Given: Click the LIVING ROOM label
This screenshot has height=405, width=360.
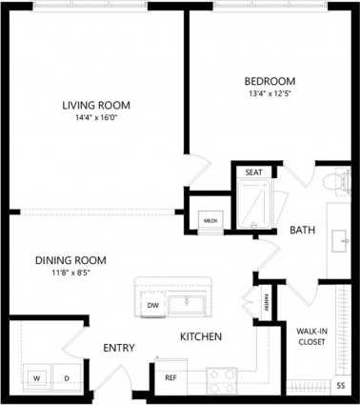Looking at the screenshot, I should (x=96, y=105).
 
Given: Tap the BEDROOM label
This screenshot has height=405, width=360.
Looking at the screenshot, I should (x=270, y=81).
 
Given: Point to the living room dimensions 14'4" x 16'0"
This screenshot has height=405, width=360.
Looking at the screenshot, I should (x=96, y=119).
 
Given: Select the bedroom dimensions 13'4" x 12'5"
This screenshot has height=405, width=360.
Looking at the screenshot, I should (x=270, y=94).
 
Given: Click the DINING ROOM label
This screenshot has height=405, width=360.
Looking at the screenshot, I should (x=70, y=260).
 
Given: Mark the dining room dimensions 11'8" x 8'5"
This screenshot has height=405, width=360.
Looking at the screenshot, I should (x=70, y=273).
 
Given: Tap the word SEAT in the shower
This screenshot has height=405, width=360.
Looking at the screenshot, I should (x=253, y=172).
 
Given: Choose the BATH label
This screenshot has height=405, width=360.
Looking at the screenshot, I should (x=303, y=230).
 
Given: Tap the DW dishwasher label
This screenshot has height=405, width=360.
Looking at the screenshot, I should (x=152, y=305).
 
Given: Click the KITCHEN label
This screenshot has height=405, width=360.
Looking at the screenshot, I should (x=202, y=337).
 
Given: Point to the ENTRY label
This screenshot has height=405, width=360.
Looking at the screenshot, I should (x=119, y=348).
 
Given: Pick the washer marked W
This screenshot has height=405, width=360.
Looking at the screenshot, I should (x=37, y=378).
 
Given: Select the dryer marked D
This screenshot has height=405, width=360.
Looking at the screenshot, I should (x=67, y=378).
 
